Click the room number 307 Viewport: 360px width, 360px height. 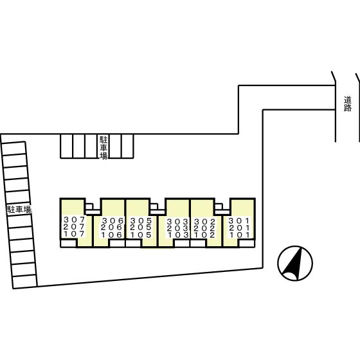(x=74, y=220)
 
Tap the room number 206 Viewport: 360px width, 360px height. (x=112, y=228)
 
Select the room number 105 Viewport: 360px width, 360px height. (x=141, y=235)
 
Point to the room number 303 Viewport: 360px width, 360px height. (x=177, y=222)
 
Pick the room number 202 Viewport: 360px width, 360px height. (x=204, y=228)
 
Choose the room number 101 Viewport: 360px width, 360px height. (x=239, y=235)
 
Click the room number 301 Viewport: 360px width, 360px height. (x=239, y=221)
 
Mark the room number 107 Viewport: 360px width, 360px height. (x=74, y=234)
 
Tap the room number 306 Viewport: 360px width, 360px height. (x=112, y=221)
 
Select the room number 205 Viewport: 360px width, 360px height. (x=141, y=228)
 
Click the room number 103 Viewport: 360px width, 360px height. (x=177, y=235)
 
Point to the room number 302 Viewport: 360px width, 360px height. (x=204, y=222)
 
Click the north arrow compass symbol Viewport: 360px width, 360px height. (x=295, y=263)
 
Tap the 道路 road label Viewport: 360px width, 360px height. (x=348, y=104)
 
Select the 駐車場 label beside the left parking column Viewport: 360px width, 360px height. (x=19, y=210)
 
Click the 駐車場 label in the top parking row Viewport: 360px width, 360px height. (x=104, y=147)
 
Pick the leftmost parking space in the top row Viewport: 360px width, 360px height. (x=67, y=147)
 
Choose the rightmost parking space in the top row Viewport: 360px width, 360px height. (x=127, y=147)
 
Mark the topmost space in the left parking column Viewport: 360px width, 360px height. (x=14, y=148)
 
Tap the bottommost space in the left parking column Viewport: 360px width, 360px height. (x=25, y=281)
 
